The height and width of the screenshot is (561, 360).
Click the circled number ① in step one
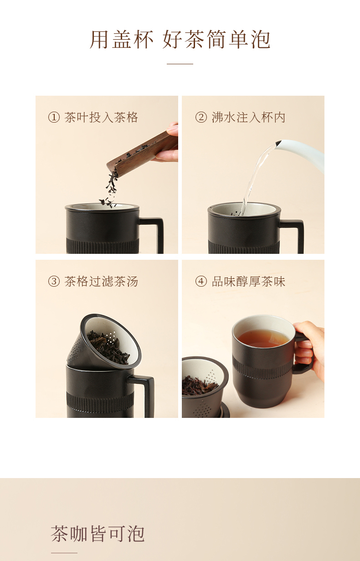[x=54, y=117]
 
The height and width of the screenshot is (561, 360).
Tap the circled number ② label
[x=201, y=117]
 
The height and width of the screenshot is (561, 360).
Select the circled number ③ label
[x=54, y=281]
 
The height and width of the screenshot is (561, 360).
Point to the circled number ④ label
[x=201, y=281]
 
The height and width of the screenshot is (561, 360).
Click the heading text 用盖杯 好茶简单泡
[x=180, y=39]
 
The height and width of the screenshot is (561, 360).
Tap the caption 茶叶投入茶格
[x=101, y=117]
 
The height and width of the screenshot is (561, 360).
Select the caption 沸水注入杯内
[x=248, y=117]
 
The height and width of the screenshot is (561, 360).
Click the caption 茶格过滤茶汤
[x=101, y=281]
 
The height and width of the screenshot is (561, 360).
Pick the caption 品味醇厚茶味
[x=248, y=281]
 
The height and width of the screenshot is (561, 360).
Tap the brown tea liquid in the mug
[x=263, y=338]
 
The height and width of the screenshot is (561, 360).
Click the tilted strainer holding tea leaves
[x=104, y=341]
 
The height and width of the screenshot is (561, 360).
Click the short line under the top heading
[x=180, y=64]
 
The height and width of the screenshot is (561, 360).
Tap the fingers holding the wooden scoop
[x=168, y=142]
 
